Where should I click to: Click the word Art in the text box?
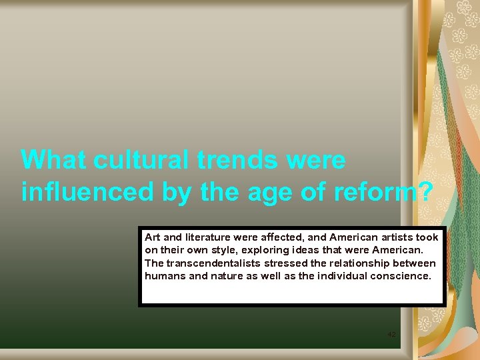click(153, 237)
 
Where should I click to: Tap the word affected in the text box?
click(289, 237)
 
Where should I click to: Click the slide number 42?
click(392, 334)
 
